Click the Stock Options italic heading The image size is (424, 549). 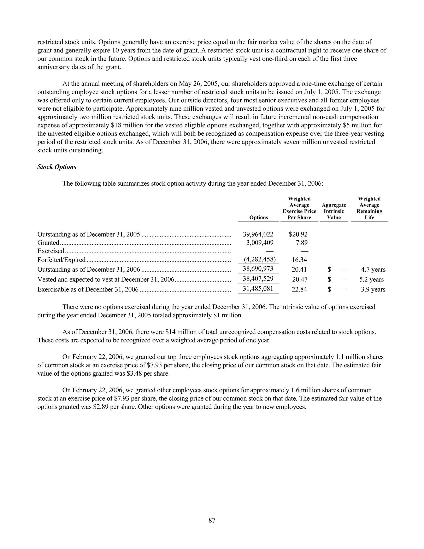57,167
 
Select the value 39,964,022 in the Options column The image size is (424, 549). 258,234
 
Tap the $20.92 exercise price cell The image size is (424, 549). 298,234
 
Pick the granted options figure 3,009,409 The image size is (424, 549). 260,243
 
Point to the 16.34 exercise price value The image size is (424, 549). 299,260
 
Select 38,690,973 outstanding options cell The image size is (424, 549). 258,269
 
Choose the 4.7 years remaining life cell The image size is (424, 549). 373,270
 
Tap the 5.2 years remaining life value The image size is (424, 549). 371,279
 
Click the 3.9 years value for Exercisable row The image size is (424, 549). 373,289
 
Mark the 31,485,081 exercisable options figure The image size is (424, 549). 258,289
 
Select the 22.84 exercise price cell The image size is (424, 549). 299,289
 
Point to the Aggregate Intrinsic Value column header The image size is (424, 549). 334,211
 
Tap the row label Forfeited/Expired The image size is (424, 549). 61,260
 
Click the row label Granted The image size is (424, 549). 48,243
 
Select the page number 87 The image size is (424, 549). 212,520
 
